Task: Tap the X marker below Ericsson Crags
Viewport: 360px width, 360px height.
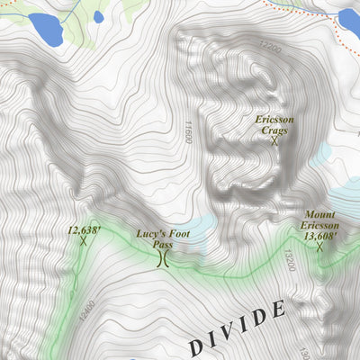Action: coord(273,140)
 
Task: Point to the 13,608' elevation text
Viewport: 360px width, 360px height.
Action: coord(320,236)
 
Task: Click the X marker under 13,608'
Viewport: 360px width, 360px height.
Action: coord(319,247)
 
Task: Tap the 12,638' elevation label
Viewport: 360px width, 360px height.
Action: coord(84,229)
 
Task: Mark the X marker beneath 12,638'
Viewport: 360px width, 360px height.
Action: coord(83,241)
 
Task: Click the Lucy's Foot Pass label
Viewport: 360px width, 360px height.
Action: coord(163,238)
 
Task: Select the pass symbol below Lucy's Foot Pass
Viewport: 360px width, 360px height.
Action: coord(163,260)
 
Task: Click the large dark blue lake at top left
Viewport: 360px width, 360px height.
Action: coord(45,30)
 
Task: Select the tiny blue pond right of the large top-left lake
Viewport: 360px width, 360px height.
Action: coord(98,17)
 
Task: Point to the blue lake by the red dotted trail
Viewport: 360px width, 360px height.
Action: coord(350,19)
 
